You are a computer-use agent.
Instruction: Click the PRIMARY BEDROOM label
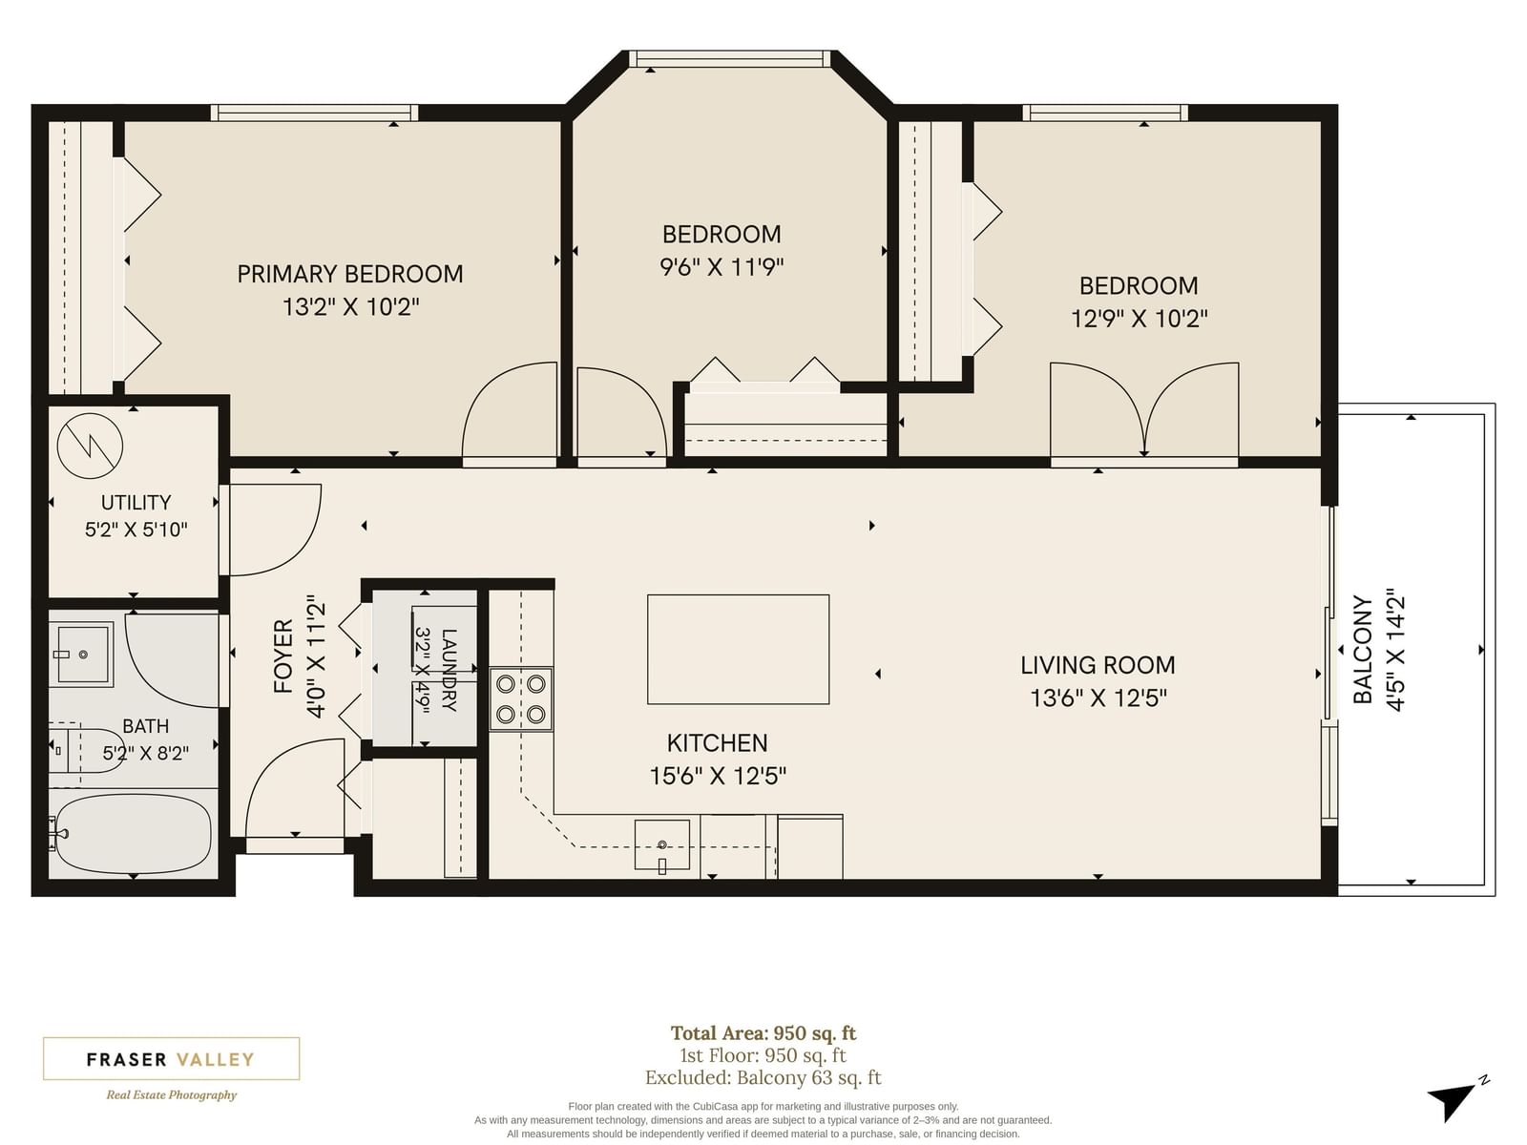(x=350, y=274)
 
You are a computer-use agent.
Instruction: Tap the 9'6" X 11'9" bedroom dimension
(x=722, y=267)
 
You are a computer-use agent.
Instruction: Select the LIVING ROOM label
(x=1098, y=665)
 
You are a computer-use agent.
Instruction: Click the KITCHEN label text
(x=718, y=743)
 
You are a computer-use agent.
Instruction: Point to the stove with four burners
(x=521, y=699)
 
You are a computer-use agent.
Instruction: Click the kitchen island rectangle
(x=738, y=650)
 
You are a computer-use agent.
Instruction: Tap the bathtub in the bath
(x=132, y=835)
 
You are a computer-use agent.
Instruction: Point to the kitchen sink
(x=661, y=844)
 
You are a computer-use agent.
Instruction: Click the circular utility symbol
(x=90, y=446)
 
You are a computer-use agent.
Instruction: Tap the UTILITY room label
(x=136, y=503)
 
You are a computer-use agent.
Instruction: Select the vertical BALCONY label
(x=1363, y=650)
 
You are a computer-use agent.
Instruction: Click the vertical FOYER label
(x=283, y=656)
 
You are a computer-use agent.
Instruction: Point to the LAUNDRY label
(x=450, y=670)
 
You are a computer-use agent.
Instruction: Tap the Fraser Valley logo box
(x=171, y=1058)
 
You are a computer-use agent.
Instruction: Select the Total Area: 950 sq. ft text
(x=763, y=1033)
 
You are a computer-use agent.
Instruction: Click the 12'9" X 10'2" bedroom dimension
(x=1139, y=319)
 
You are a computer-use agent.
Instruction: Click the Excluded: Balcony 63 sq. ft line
(x=763, y=1078)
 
